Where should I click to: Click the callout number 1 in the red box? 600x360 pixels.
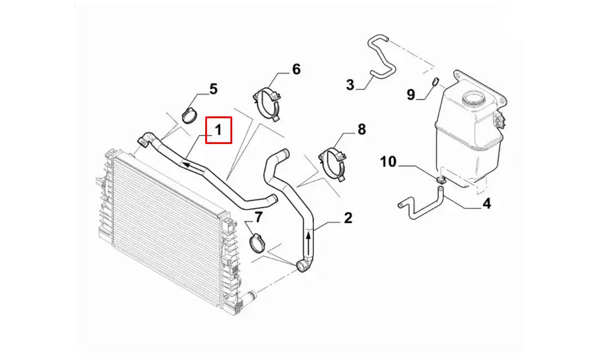pos(218,130)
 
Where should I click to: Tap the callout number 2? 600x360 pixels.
pos(348,218)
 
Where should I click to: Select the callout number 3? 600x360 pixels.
pos(350,85)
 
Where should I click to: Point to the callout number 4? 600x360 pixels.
pos(487,203)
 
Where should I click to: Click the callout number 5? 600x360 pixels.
pos(213,89)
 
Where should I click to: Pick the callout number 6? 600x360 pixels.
pos(296,69)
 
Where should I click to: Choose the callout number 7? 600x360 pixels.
pos(259,218)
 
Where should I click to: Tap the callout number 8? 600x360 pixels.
pos(362,130)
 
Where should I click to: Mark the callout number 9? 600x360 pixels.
pos(410,94)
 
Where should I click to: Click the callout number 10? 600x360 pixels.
pos(388,161)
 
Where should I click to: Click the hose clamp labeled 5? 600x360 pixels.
pos(189,115)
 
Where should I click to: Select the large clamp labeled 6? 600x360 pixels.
pos(267,104)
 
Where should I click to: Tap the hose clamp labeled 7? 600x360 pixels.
pos(257,244)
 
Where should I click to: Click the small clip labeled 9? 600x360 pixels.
pos(435,81)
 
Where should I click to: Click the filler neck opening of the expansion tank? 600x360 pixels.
pos(474,98)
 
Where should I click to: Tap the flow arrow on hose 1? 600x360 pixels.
pos(190,165)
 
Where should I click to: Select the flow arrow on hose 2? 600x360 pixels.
pos(309,240)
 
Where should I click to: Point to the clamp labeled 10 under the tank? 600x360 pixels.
pos(440,179)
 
